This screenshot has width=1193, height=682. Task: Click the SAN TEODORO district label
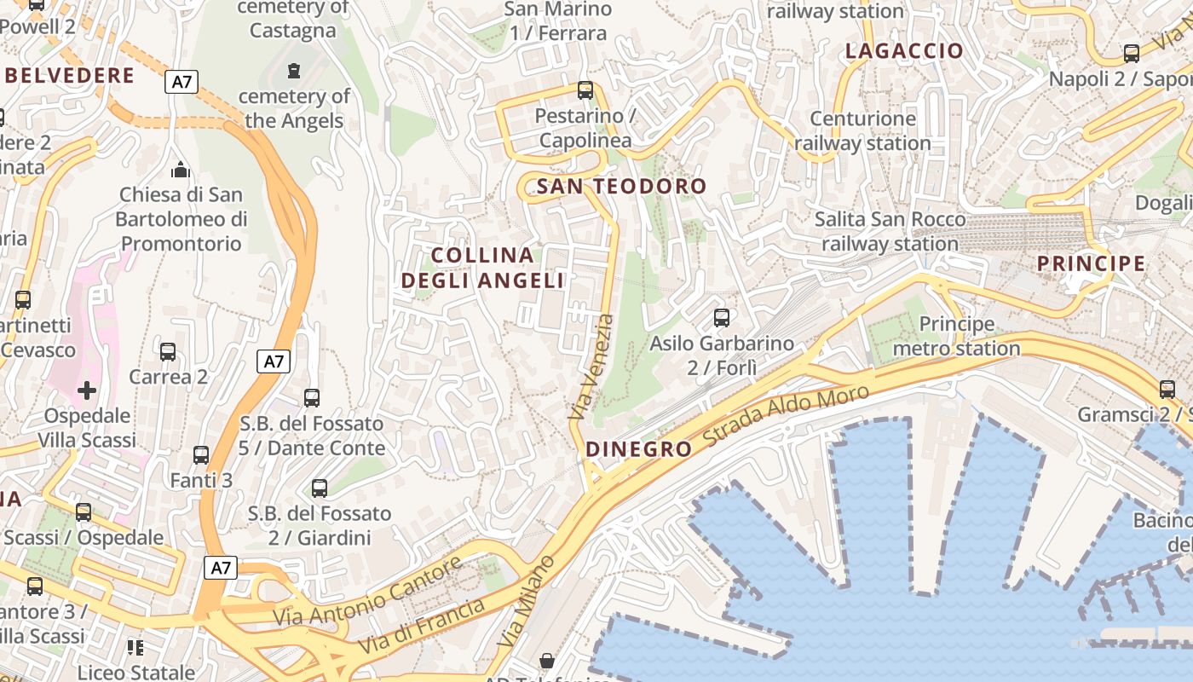(622, 186)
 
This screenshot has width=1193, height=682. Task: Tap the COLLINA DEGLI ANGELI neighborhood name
(483, 268)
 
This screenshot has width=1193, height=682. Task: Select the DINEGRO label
(639, 449)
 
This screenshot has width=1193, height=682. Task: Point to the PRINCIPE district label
(1091, 263)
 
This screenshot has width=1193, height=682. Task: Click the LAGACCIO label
(904, 51)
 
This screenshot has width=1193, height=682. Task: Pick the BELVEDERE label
(70, 76)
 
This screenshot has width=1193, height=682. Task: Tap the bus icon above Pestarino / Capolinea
(585, 90)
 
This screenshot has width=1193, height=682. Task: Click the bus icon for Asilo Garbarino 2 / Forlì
(722, 318)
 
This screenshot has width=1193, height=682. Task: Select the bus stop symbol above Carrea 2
(168, 351)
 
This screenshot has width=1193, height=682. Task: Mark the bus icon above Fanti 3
(201, 455)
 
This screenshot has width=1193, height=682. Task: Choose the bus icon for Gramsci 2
(1167, 389)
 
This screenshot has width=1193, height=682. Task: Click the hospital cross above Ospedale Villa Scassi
(87, 390)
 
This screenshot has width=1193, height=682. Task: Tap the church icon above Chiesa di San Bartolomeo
(180, 169)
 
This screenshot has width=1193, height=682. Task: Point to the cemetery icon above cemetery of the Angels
(294, 70)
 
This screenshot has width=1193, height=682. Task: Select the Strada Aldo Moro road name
(786, 416)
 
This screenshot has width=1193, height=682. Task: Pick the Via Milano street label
(527, 600)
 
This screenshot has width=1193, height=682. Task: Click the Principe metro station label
(956, 336)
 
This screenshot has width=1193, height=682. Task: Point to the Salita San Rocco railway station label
(890, 232)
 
